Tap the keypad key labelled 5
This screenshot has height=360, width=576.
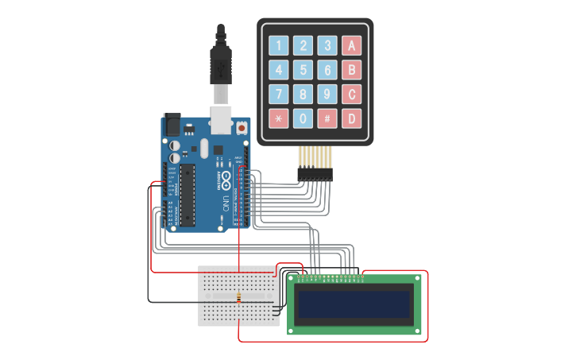(303, 70)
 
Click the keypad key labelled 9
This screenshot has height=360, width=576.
(327, 95)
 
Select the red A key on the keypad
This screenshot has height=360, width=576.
(351, 45)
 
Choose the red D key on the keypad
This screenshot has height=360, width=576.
(351, 119)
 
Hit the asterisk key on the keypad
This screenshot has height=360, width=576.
(278, 119)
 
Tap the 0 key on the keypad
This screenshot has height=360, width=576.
(303, 119)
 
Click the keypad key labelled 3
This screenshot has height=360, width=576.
(327, 45)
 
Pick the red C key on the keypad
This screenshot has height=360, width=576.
(351, 95)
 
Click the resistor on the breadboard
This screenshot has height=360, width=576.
(238, 298)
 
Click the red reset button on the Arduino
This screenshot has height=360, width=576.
(242, 127)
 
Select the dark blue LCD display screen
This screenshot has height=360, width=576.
(354, 303)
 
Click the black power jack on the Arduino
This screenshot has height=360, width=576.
(172, 124)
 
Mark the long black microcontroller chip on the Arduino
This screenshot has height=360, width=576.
(188, 195)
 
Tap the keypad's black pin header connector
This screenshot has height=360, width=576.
(315, 174)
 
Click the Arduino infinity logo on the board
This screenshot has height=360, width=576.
(226, 176)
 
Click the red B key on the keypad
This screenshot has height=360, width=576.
(351, 70)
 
